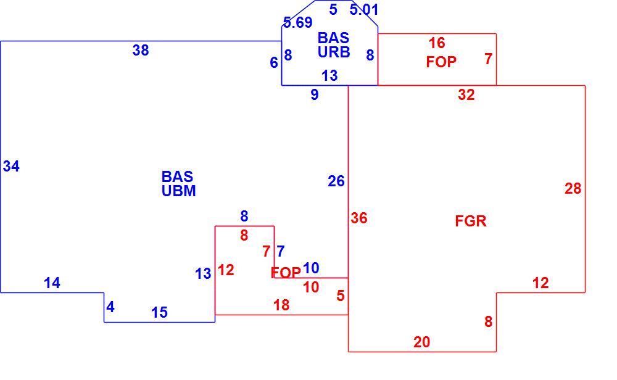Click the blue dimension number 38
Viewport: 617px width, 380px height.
click(141, 51)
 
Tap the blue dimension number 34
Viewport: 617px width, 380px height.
click(11, 166)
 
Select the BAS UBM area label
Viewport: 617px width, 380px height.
click(179, 183)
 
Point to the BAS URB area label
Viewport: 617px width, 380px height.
click(334, 45)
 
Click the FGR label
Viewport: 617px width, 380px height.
click(471, 221)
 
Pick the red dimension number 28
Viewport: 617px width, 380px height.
click(573, 188)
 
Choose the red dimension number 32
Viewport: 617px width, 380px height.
click(466, 94)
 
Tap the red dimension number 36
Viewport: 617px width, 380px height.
click(359, 218)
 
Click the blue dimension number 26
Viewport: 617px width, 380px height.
click(336, 181)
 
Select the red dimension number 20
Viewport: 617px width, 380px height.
click(422, 342)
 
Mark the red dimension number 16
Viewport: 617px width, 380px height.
click(437, 43)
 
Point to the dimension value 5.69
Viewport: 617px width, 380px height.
click(298, 22)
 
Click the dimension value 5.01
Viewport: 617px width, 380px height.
click(364, 9)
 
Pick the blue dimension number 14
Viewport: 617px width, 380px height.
click(52, 283)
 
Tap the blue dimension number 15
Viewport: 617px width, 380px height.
click(159, 312)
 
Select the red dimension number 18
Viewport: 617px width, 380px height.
click(281, 305)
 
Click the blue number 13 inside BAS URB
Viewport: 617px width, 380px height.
click(329, 75)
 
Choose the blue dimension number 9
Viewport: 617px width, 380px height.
click(315, 94)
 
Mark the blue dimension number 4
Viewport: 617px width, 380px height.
click(110, 307)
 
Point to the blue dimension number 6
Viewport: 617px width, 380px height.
click(274, 62)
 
